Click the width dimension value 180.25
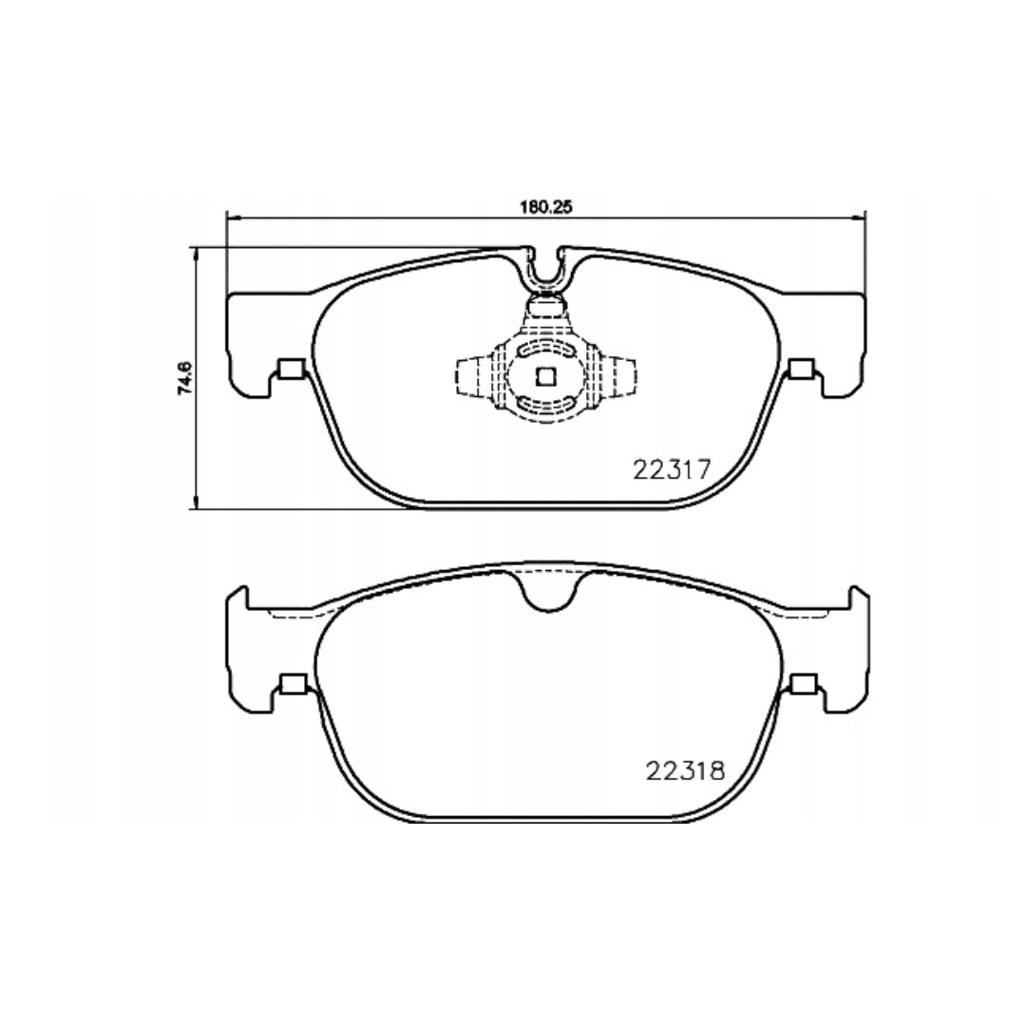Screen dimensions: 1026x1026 coord(546,207)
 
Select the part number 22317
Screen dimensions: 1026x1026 coord(672,470)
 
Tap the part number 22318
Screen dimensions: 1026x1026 coord(686,770)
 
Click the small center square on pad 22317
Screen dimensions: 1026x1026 coord(545,376)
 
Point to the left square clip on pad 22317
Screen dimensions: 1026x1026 coord(291,369)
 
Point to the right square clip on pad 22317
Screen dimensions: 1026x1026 coord(802,369)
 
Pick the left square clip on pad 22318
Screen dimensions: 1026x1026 coord(292,683)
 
